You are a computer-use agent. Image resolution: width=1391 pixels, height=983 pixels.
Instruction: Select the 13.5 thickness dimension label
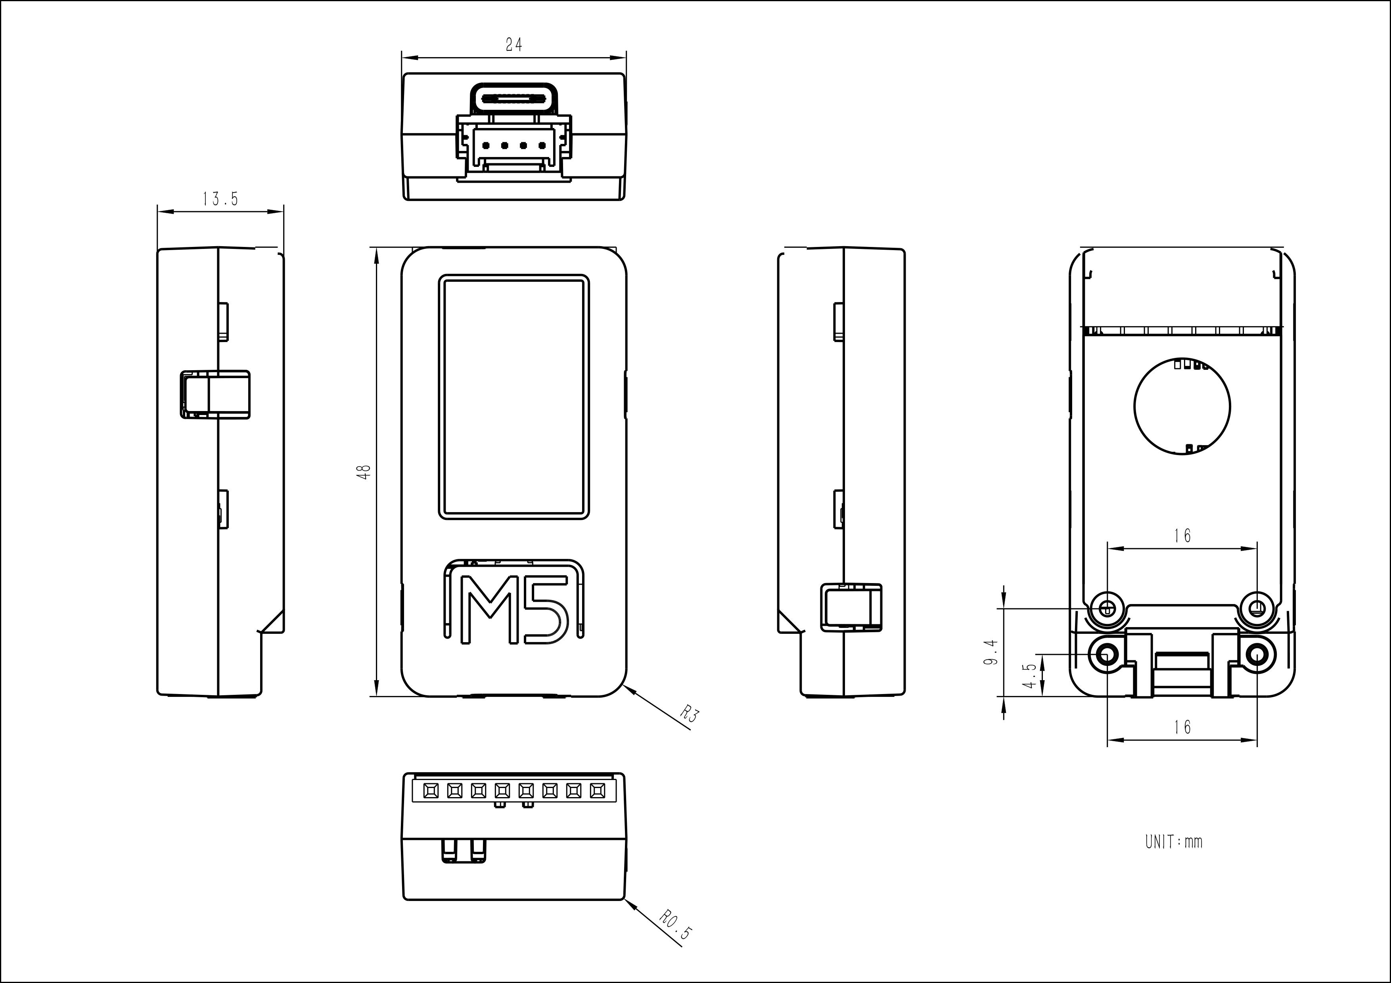(x=220, y=199)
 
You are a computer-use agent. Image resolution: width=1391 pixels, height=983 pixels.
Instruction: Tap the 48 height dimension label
(x=364, y=472)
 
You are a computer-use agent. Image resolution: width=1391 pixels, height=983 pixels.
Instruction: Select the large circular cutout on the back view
(x=1181, y=406)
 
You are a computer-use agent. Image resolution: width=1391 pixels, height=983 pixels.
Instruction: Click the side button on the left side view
(x=215, y=394)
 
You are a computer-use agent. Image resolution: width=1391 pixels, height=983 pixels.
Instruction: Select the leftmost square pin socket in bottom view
(x=431, y=790)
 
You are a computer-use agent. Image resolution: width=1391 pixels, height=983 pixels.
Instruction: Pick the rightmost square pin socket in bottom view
(x=597, y=790)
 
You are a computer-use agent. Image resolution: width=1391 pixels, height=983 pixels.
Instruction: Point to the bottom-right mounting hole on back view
(x=1257, y=655)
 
